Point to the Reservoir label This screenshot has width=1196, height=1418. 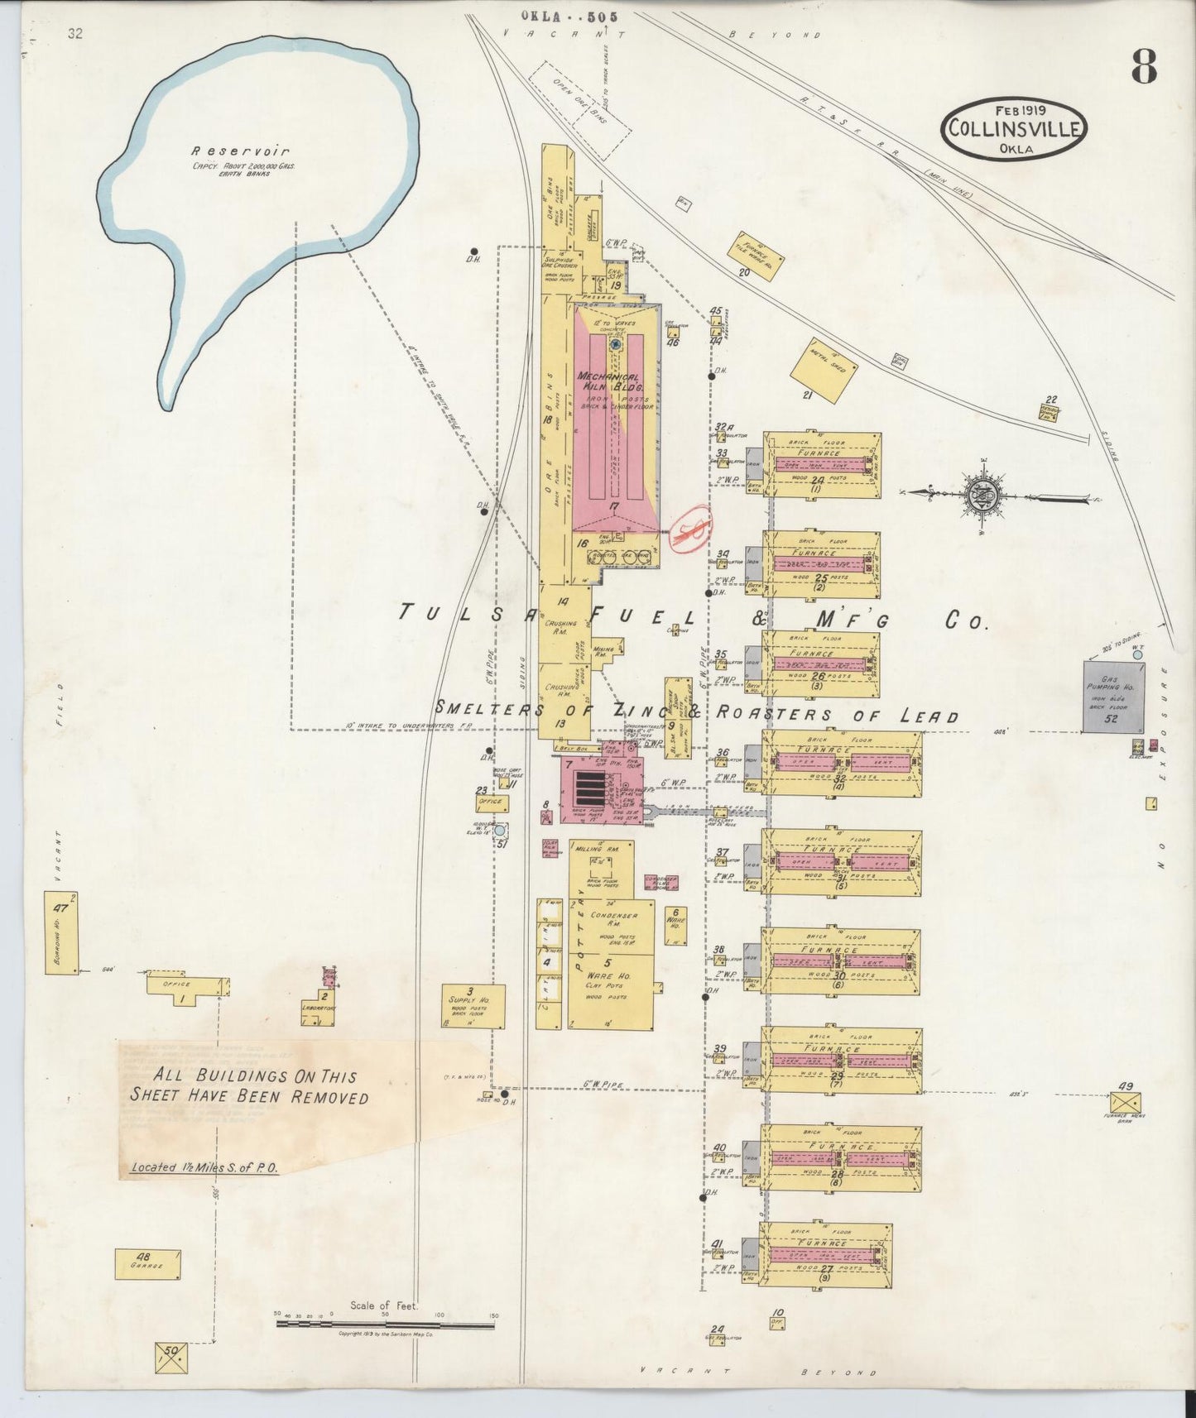coord(240,151)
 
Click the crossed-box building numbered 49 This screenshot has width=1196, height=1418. coord(1125,1102)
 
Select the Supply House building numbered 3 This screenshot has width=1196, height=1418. coord(473,1005)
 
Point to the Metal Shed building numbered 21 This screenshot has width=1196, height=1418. coord(823,367)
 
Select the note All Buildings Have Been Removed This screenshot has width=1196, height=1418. coord(249,1086)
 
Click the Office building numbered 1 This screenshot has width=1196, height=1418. coord(186,985)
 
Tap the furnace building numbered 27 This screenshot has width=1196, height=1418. coord(825,1255)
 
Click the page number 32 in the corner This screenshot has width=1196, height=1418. coord(76,34)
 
